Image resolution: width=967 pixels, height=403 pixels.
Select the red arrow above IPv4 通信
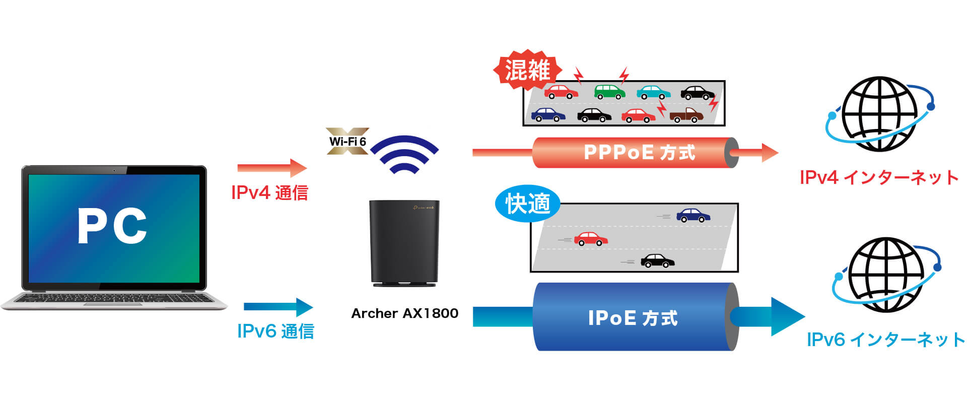coord(272,168)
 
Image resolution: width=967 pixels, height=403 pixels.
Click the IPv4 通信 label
coord(269,192)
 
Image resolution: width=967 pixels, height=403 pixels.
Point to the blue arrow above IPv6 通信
coord(279,307)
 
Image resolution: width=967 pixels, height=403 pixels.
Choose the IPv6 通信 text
coord(275,331)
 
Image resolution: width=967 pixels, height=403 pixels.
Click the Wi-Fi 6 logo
coord(348,141)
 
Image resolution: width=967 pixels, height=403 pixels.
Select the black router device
coord(404,243)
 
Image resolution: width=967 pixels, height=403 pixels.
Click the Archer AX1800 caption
coord(405,313)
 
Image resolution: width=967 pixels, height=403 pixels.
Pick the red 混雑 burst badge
coord(527,70)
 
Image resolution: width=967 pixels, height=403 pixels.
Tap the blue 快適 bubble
coord(528,204)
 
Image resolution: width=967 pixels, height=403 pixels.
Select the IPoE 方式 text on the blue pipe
coord(633,318)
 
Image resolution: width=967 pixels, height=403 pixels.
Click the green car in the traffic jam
coord(609,91)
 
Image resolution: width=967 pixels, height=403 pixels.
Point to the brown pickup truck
coord(686,115)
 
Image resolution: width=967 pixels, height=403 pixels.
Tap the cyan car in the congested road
coord(653,92)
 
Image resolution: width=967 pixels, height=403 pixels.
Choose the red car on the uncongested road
coord(591,238)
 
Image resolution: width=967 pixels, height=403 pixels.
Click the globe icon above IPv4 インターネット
coord(879,114)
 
